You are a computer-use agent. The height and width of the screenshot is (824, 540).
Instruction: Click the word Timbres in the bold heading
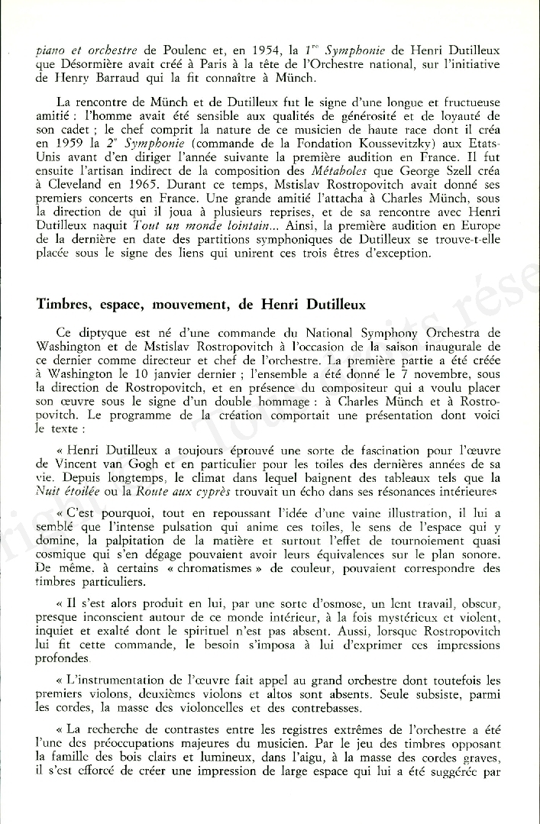pos(64,304)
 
